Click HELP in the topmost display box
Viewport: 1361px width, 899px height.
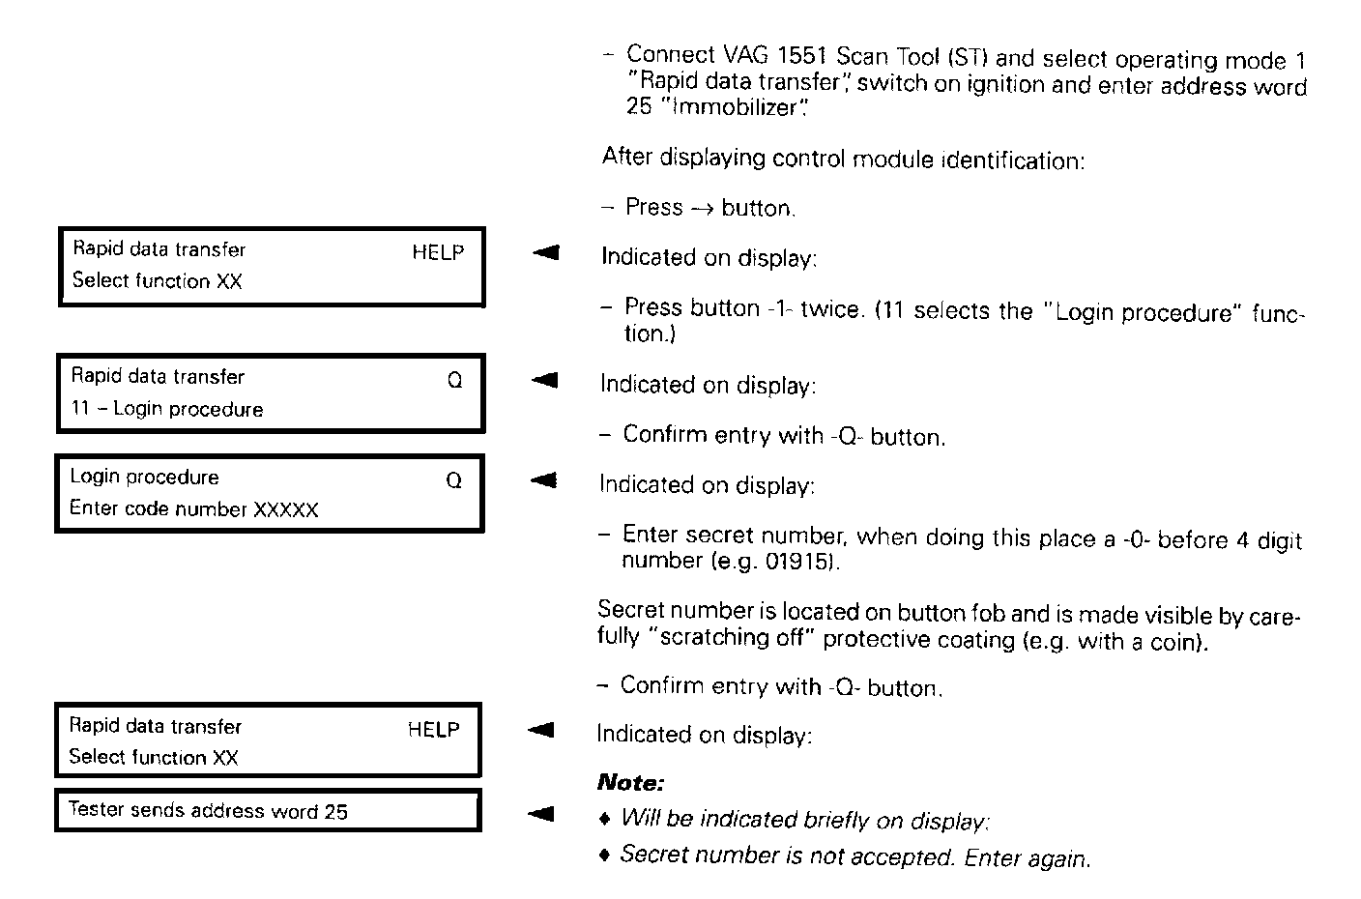tap(438, 253)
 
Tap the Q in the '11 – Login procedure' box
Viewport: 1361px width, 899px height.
tap(454, 381)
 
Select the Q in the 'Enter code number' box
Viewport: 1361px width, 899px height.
tap(453, 480)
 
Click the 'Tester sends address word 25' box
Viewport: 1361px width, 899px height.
tap(267, 811)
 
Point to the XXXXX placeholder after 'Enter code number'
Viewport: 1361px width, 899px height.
tap(286, 510)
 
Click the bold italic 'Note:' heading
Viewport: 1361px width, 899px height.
tap(630, 782)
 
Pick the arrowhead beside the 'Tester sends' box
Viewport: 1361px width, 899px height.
tap(541, 813)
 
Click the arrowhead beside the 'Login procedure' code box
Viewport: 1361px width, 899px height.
tap(544, 480)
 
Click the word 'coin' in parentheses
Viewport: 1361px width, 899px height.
tap(1175, 642)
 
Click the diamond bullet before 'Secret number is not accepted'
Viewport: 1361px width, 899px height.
tap(605, 855)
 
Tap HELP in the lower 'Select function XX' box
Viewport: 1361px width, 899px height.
tap(433, 730)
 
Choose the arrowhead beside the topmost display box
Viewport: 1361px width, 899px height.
tap(546, 253)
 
